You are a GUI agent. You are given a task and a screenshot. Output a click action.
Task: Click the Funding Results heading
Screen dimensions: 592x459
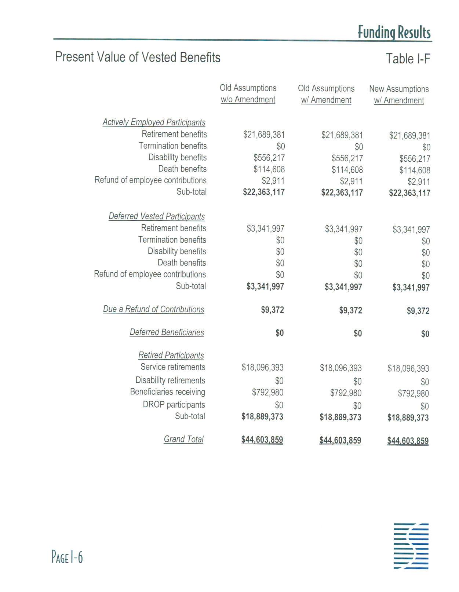coord(394,32)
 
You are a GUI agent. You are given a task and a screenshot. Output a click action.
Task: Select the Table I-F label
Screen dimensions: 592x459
coord(408,59)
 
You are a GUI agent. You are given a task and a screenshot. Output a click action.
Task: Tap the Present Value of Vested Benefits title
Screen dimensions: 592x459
coord(138,57)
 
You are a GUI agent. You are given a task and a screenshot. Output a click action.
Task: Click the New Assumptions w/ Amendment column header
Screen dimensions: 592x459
coord(399,95)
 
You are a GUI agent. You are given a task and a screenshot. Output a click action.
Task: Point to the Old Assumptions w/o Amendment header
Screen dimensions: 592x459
coord(248,93)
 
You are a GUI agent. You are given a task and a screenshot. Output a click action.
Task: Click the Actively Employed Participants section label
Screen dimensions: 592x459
coord(154,122)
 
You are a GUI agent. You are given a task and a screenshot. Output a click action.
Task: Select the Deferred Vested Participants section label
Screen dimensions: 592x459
coord(157,216)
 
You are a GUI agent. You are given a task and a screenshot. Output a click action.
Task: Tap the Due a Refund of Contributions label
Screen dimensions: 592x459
coord(153,309)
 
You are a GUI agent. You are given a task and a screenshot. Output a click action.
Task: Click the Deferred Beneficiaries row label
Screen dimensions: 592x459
coord(167,332)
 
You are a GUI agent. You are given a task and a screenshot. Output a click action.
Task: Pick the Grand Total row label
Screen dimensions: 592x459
coord(183,439)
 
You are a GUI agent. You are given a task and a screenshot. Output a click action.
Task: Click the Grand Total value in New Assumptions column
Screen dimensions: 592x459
coord(408,441)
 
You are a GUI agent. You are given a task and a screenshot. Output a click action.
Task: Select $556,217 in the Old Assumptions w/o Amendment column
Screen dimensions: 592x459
coord(269,158)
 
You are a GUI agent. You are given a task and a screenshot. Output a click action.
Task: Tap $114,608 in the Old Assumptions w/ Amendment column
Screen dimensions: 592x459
coord(347,170)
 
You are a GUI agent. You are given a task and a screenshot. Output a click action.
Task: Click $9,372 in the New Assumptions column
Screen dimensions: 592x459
coord(418,311)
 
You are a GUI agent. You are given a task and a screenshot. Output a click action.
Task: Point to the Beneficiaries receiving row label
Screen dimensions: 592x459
coord(167,392)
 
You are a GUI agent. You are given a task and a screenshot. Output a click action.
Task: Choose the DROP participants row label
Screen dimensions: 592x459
coord(174,405)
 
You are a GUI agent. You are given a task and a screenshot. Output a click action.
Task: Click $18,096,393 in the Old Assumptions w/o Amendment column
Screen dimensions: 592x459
coord(262,367)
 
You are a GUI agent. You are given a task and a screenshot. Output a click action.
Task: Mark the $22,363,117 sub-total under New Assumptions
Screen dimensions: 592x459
coord(409,193)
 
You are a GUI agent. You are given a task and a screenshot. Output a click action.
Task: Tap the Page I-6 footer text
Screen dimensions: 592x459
coord(67,557)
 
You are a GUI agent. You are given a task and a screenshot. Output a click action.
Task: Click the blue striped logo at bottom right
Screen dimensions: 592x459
coord(411,546)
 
